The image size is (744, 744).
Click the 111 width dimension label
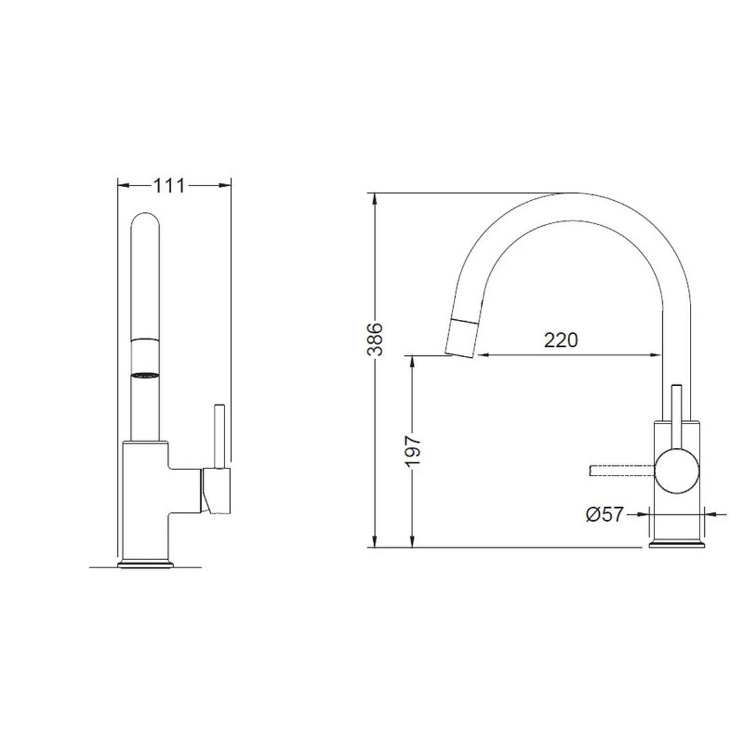point(169,185)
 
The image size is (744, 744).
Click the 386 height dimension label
point(375,339)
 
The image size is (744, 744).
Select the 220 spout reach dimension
point(561,340)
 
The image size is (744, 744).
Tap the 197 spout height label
point(413,451)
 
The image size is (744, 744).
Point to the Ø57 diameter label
point(604,514)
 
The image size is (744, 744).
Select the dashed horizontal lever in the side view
point(622,470)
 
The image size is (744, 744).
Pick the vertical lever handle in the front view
point(219,436)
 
